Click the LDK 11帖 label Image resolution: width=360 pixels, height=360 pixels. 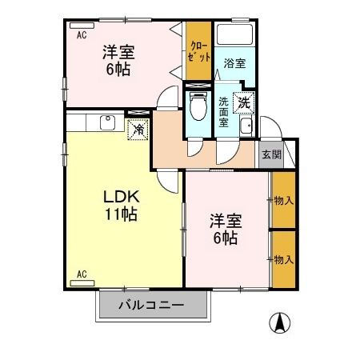point(121,206)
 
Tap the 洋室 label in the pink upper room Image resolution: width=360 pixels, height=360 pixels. point(117,53)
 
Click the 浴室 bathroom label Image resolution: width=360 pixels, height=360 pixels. point(234,62)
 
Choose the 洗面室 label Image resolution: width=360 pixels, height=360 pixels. point(225,107)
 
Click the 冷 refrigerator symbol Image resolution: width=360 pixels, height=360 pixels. point(138,128)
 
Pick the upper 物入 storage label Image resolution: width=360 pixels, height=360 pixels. point(283,199)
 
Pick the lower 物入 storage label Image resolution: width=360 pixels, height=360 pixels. point(283,258)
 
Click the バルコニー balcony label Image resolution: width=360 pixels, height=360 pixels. point(152,305)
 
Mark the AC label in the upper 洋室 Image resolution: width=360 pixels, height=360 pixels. point(81,35)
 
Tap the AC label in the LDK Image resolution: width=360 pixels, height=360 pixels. point(81,274)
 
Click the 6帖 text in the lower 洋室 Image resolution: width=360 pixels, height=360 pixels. point(224,238)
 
